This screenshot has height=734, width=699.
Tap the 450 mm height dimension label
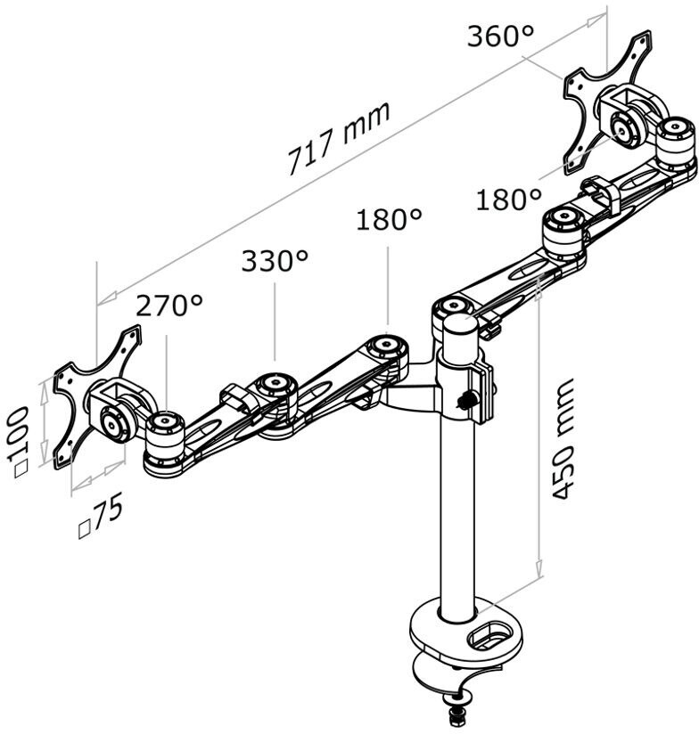click(562, 439)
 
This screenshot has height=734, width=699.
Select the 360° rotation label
click(500, 36)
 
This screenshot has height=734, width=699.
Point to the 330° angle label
click(275, 261)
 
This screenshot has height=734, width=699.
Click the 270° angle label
click(169, 306)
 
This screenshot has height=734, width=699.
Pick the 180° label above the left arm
click(390, 219)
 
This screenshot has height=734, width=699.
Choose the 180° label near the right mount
click(509, 200)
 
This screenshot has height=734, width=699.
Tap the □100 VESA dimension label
click(20, 443)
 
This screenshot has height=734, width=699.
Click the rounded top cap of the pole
click(461, 323)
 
